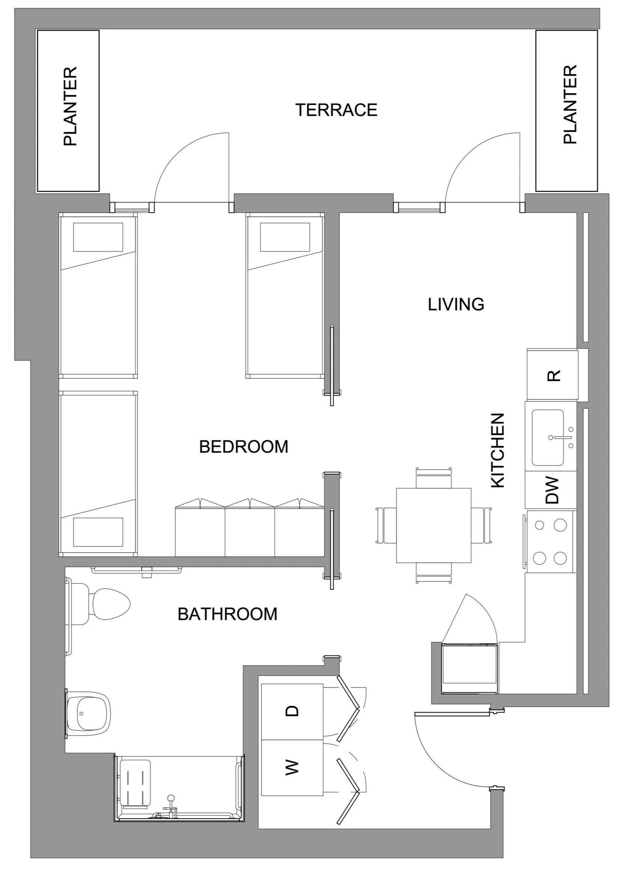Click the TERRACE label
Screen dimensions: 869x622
pyautogui.click(x=336, y=110)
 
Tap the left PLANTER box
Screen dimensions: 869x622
pyautogui.click(x=68, y=111)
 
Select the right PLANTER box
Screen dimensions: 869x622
pyautogui.click(x=566, y=111)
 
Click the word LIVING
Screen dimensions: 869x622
pyautogui.click(x=456, y=304)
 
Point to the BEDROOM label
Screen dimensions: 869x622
pyautogui.click(x=244, y=447)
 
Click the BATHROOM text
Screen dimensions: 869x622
pyautogui.click(x=227, y=614)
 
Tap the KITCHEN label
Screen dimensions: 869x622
pyautogui.click(x=498, y=450)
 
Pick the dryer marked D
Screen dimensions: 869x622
pyautogui.click(x=292, y=711)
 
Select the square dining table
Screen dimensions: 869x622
pyautogui.click(x=434, y=526)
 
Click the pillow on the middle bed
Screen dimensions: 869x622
pyautogui.click(x=285, y=237)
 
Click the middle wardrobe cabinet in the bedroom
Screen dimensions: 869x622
pyautogui.click(x=250, y=530)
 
